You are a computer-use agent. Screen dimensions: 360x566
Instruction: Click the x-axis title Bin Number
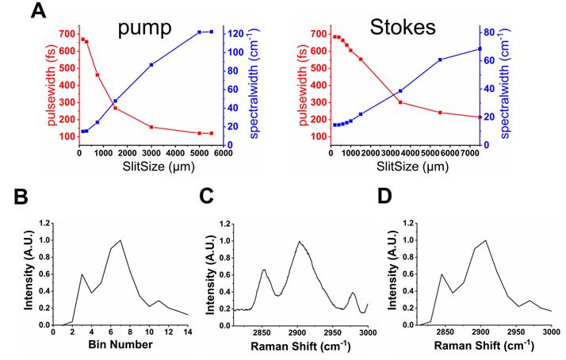(x=119, y=346)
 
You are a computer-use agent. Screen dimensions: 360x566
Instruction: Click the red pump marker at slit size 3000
(x=151, y=127)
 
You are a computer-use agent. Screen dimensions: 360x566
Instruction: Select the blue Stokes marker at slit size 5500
(x=440, y=59)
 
